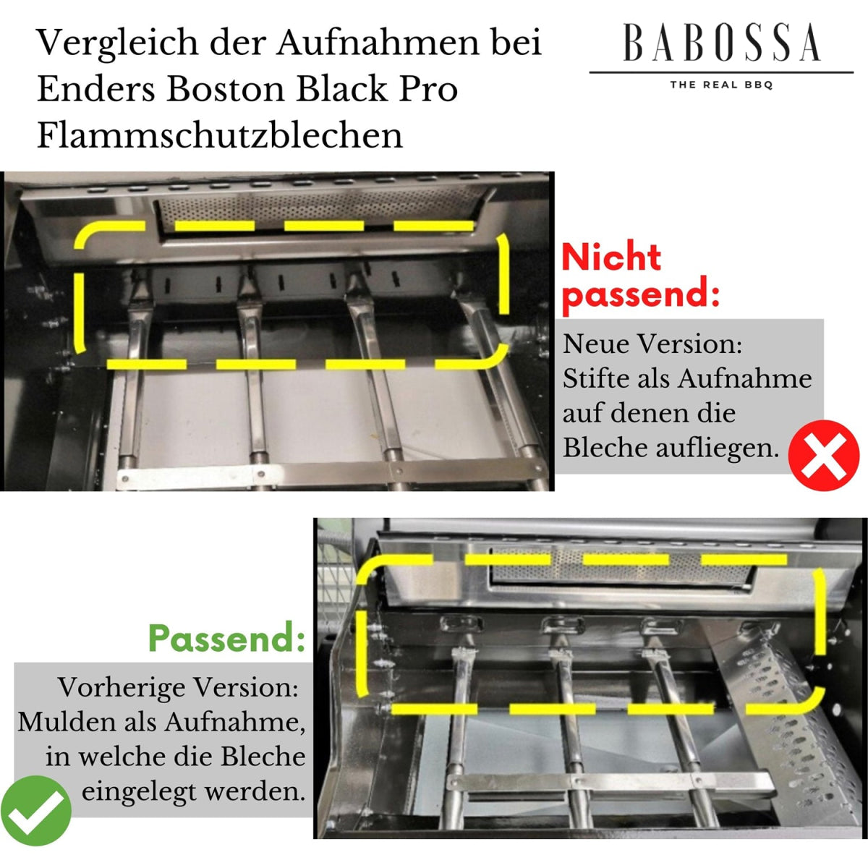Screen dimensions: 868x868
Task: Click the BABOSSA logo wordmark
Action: (x=722, y=43)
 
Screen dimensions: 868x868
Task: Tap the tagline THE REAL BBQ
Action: (x=722, y=85)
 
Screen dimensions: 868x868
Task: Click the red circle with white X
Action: (x=824, y=455)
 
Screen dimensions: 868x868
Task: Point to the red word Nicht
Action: (x=611, y=258)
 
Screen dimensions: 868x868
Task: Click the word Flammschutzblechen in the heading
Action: (x=220, y=136)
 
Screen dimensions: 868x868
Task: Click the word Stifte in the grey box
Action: (x=596, y=378)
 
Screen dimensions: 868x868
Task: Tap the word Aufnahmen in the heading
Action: (x=378, y=43)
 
